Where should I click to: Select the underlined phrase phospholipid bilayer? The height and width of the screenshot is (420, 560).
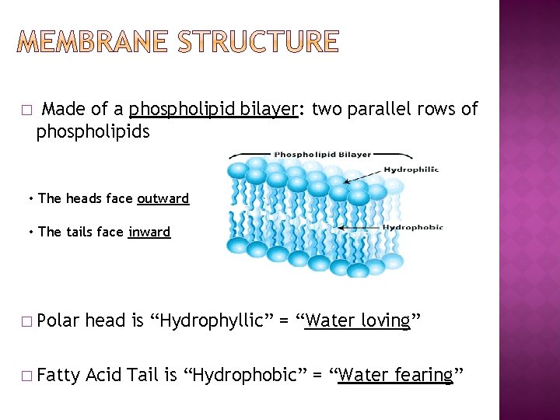(x=214, y=109)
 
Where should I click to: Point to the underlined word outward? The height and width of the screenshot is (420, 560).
(x=163, y=198)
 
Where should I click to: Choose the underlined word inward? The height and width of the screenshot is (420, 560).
(x=149, y=232)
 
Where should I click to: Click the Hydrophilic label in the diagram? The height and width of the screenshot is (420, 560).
(x=411, y=170)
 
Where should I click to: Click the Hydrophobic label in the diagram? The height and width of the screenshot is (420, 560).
(x=413, y=227)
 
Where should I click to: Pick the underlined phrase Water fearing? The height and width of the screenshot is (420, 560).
(x=395, y=376)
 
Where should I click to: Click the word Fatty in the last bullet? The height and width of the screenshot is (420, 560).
(x=58, y=376)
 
